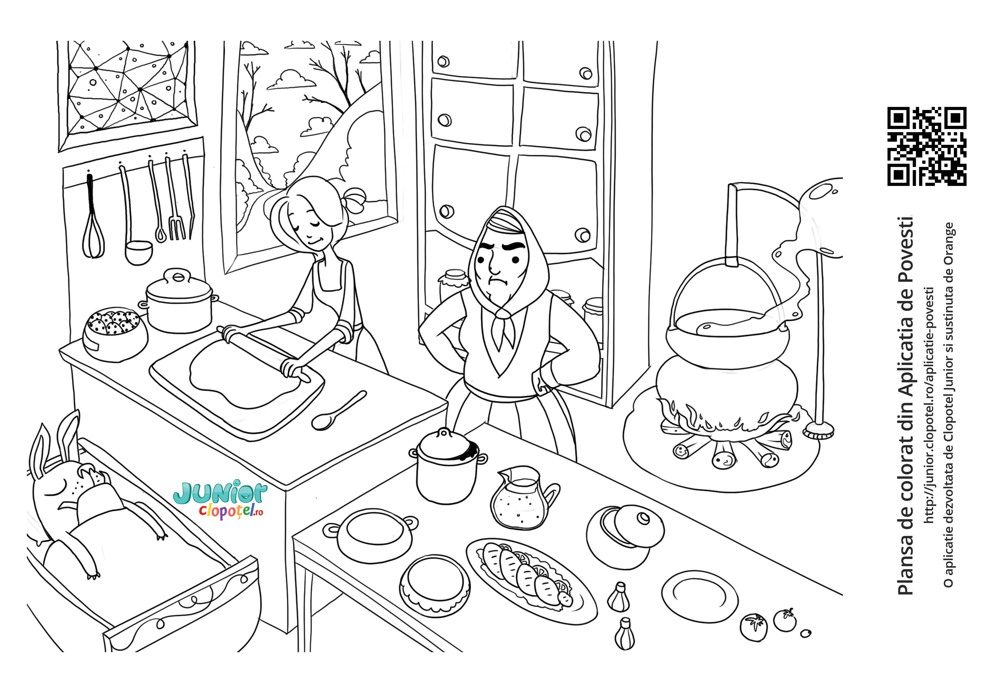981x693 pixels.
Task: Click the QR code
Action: [x=927, y=146]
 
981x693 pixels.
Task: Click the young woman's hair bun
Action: [x=355, y=201]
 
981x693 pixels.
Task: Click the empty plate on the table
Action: [x=699, y=596]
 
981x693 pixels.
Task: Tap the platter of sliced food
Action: [x=531, y=580]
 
